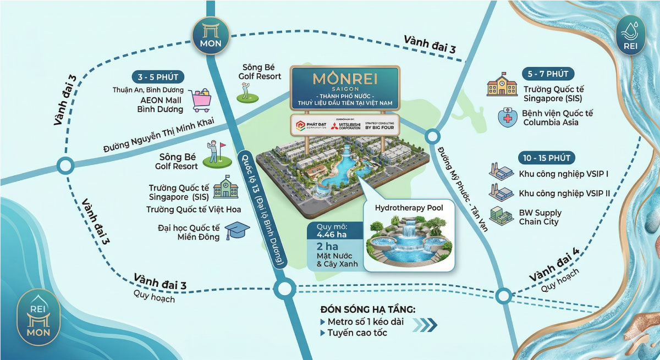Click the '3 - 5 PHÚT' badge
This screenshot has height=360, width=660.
(x=158, y=77)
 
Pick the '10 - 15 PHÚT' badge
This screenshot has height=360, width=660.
(x=546, y=158)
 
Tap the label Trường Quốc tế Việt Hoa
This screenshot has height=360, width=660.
(x=186, y=209)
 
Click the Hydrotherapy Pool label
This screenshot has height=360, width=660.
(x=409, y=208)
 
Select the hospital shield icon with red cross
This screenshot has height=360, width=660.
(x=507, y=117)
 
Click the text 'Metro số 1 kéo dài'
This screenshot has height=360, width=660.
(x=365, y=322)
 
